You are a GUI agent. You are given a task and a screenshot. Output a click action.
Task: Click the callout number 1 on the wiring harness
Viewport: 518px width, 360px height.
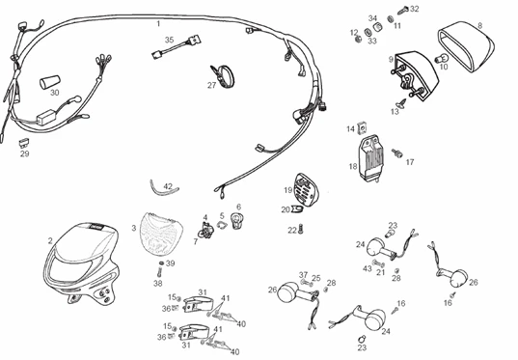click(x=159, y=21)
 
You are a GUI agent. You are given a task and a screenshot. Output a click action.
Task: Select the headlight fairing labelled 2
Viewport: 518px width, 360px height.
click(x=82, y=261)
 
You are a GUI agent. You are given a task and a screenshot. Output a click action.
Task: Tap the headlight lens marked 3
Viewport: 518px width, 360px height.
click(x=162, y=233)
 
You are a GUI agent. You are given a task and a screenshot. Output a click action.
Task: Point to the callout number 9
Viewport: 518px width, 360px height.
click(x=391, y=59)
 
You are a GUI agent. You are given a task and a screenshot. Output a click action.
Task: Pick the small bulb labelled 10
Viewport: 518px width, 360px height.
click(x=435, y=68)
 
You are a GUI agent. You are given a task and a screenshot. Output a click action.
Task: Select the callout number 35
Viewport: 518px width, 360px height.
click(x=169, y=40)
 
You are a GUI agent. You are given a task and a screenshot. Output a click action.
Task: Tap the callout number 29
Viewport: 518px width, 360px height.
click(x=24, y=153)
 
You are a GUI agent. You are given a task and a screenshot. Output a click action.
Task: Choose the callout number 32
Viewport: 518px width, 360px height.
click(x=415, y=9)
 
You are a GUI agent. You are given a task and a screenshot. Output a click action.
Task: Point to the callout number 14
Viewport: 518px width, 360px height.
click(x=351, y=128)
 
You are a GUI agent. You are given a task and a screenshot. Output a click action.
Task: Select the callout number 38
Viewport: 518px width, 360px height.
click(x=157, y=284)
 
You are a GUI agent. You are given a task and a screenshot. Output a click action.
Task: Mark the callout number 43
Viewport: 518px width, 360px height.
click(x=367, y=267)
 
